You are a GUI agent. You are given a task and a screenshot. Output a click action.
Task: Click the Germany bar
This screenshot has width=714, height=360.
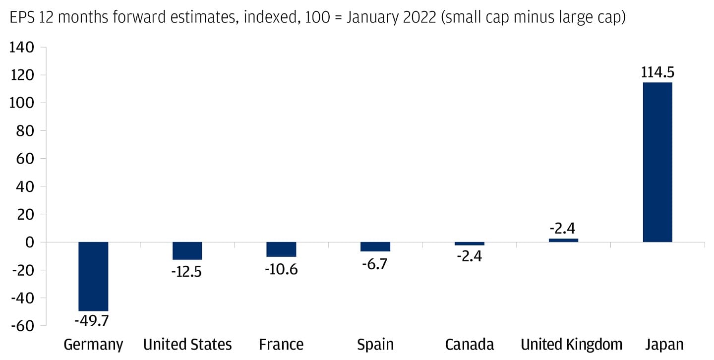93,276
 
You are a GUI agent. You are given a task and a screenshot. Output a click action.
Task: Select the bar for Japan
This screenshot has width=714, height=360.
657,162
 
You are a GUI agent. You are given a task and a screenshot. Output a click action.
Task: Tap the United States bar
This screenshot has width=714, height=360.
187,251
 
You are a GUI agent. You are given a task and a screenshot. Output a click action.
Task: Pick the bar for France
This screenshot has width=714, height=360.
281,249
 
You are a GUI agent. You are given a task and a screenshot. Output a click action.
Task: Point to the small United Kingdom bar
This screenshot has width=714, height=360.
563,240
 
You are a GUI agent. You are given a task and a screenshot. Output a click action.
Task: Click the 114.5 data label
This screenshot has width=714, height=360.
657,72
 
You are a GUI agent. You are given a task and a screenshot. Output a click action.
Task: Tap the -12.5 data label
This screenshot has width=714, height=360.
187,272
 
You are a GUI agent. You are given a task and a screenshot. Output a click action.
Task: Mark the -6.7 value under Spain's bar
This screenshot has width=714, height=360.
375,263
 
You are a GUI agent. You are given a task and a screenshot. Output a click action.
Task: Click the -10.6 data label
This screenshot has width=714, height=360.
281,271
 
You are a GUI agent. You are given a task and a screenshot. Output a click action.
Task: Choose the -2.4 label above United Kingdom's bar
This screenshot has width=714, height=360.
563,229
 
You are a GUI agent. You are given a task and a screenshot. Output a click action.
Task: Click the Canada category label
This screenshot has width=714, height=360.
469,344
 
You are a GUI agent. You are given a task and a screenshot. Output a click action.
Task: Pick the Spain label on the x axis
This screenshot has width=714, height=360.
375,345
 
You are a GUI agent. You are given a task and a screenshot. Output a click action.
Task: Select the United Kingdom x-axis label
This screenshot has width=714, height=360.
571,345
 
